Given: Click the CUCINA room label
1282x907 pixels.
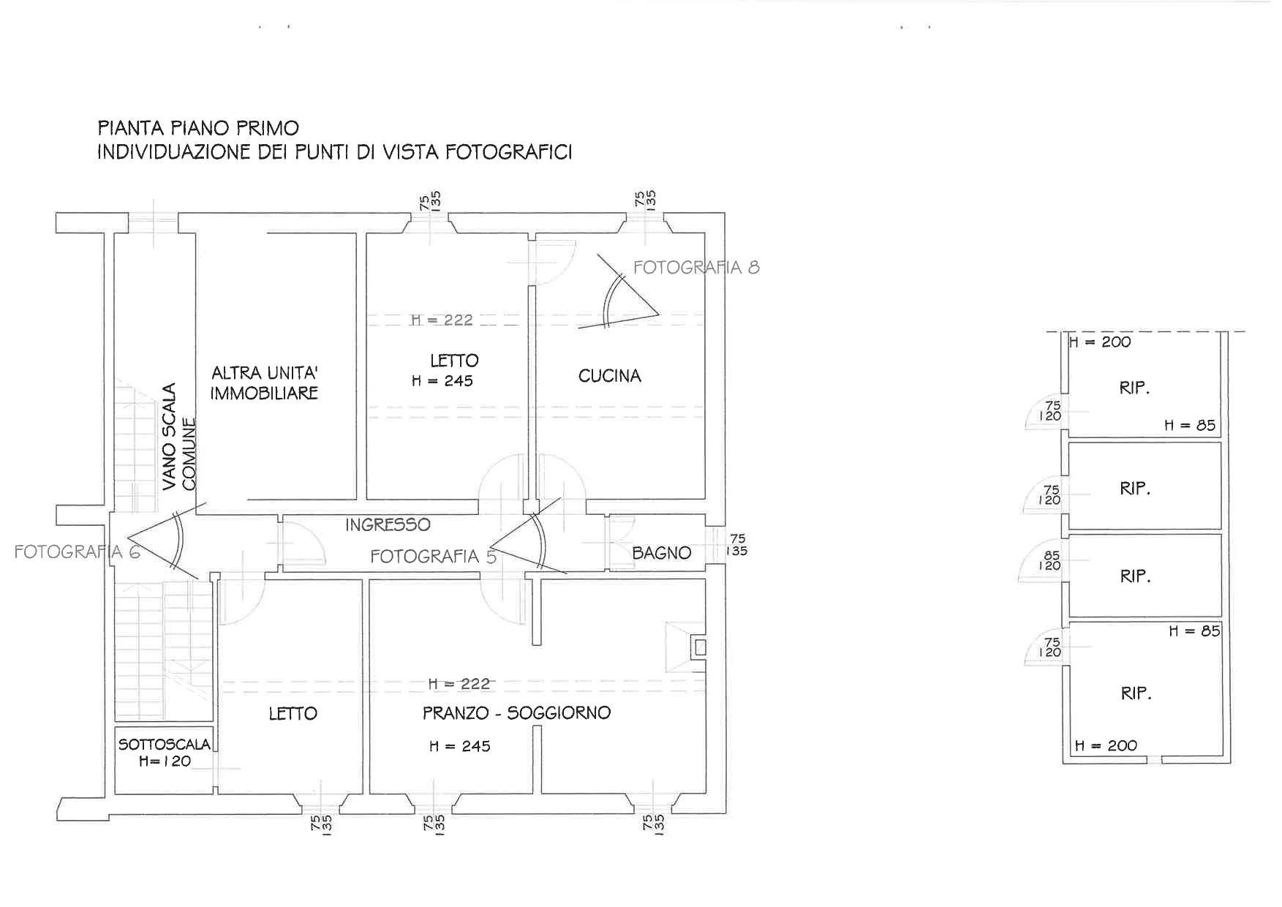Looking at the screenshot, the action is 609,376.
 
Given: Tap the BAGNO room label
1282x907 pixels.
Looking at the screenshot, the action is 661,554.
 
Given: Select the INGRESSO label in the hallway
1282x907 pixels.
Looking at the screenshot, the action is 388,524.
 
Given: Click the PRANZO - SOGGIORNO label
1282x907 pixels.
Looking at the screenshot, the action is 516,712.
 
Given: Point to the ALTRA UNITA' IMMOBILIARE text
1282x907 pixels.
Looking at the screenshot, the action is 265,383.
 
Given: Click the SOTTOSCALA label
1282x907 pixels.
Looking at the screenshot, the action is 165,745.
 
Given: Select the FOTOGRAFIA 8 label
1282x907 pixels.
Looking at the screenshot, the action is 696,268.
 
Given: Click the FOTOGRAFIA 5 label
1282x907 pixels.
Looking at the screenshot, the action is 434,557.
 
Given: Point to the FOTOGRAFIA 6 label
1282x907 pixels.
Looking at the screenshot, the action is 77,552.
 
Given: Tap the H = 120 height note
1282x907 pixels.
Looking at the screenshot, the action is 165,761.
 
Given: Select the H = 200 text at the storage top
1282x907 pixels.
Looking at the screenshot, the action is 1100,342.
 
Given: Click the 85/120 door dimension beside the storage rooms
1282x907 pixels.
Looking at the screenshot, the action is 1051,560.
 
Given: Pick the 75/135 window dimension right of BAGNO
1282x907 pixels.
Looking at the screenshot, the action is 737,545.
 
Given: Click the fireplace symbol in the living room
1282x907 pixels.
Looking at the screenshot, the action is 686,647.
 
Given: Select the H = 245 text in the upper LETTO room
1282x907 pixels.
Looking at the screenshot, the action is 442,381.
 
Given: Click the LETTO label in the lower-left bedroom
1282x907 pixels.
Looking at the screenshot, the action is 293,713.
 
